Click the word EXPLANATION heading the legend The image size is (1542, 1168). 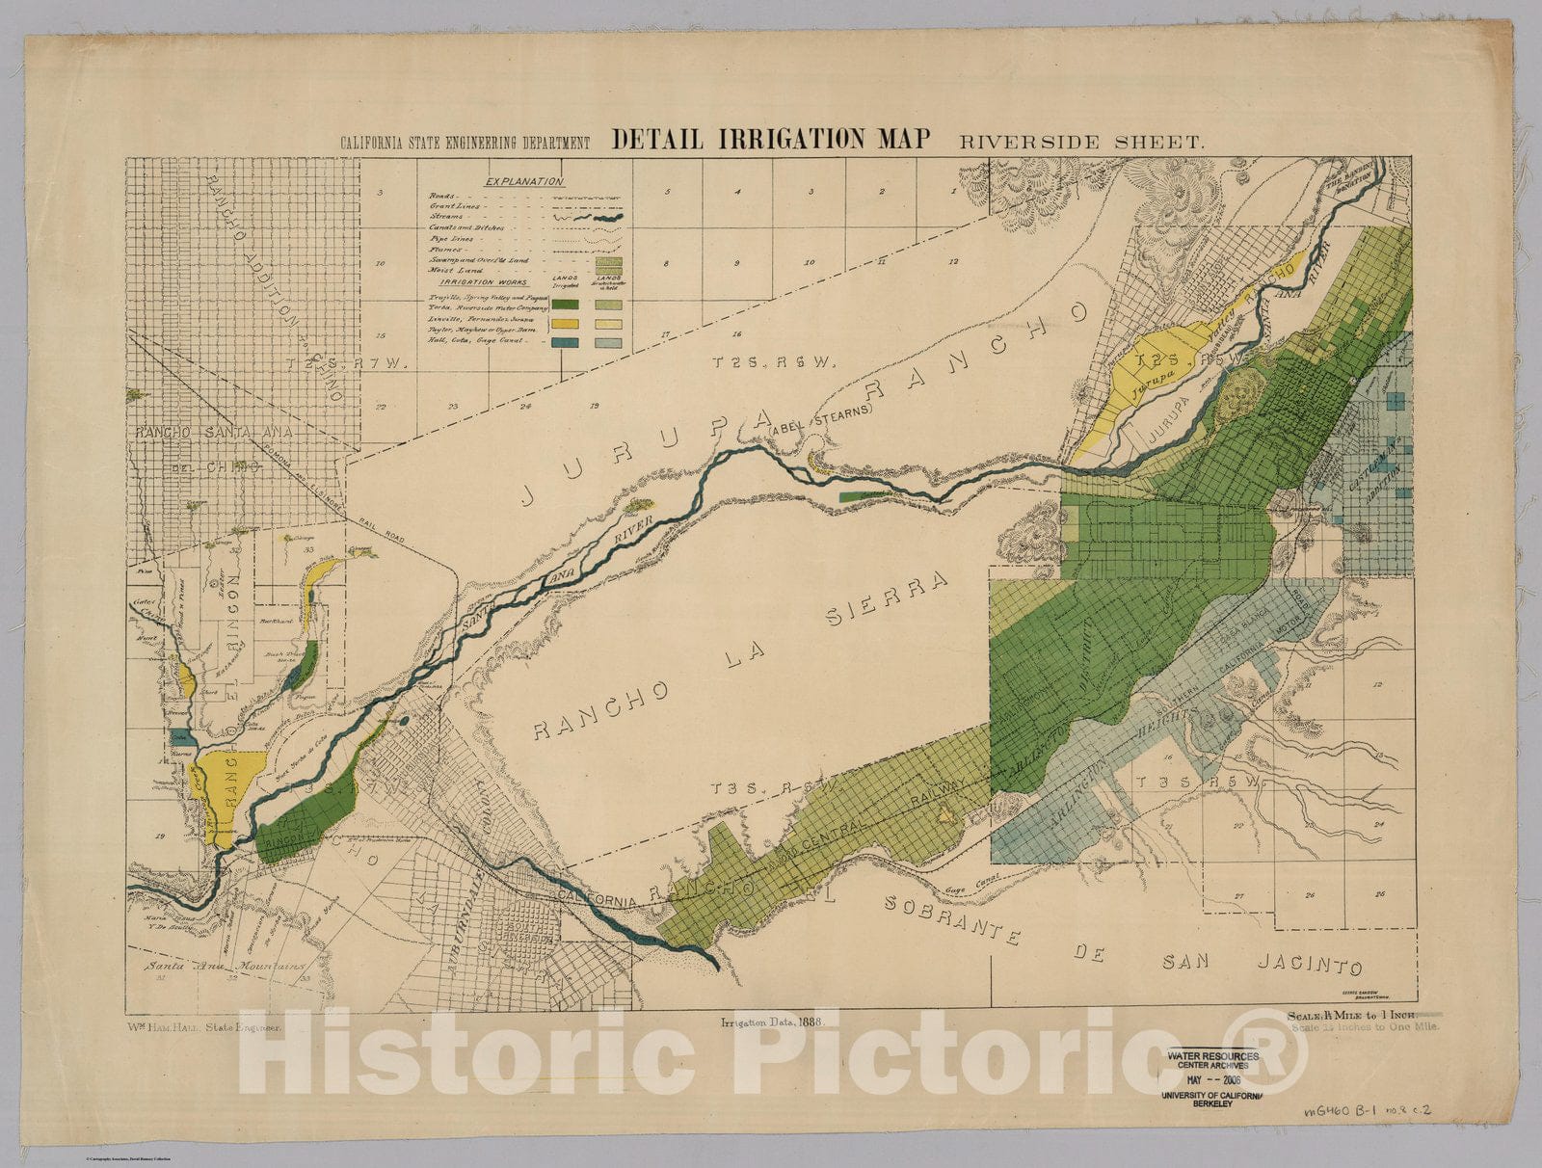(x=524, y=181)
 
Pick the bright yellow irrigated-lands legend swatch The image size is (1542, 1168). (x=565, y=324)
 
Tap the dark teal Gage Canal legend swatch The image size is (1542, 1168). (x=565, y=342)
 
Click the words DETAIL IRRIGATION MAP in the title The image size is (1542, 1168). (x=771, y=139)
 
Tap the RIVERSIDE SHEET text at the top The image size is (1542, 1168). (x=1080, y=142)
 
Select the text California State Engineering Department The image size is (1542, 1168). (x=465, y=143)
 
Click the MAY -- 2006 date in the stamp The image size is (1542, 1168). (x=1207, y=1079)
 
